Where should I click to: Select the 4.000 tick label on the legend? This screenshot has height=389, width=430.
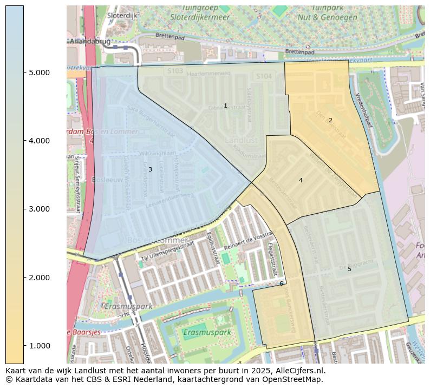[40, 141]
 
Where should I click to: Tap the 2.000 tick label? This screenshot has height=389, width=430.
[40, 278]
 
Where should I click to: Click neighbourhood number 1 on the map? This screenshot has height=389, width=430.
[225, 106]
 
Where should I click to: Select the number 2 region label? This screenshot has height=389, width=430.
[330, 120]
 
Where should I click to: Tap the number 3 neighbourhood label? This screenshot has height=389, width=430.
[150, 169]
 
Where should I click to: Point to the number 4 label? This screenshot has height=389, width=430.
[301, 180]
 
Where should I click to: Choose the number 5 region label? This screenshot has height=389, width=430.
[349, 269]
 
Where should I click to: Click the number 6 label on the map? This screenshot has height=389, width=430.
[281, 283]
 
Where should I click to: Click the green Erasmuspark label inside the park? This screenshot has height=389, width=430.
[207, 332]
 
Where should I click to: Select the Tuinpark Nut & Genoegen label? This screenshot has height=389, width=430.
[327, 13]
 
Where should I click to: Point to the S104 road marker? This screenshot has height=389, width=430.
[264, 77]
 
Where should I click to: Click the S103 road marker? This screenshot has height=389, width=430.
[174, 71]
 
